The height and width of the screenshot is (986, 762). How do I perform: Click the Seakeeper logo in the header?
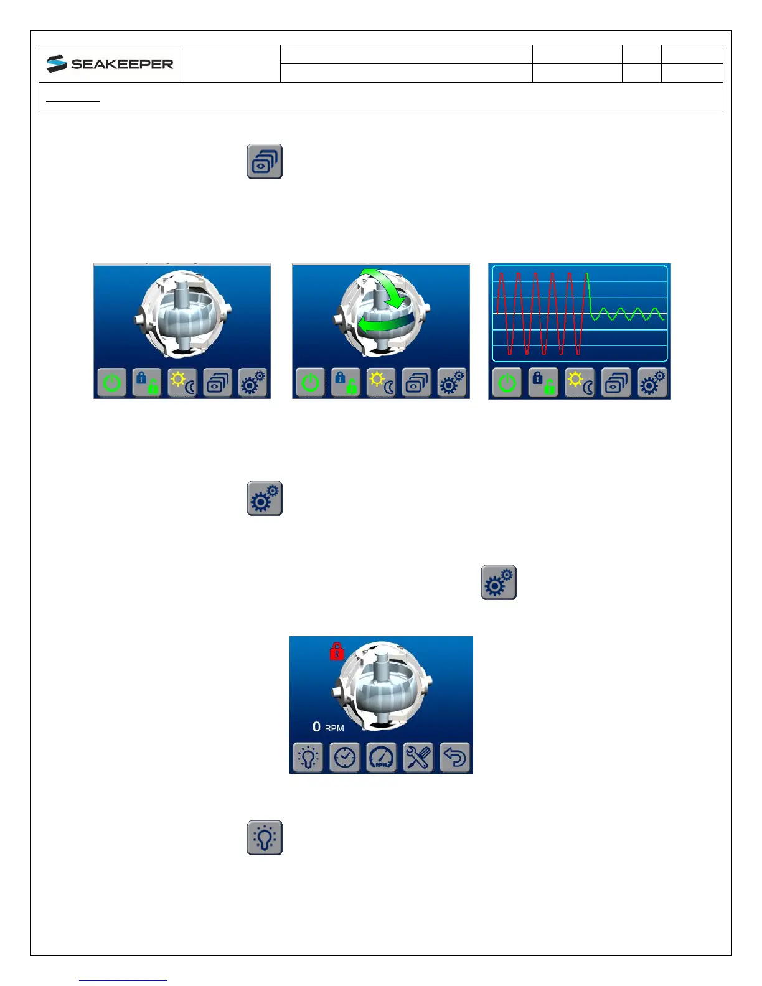[x=110, y=64]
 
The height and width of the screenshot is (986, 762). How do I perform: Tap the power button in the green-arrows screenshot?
[x=310, y=383]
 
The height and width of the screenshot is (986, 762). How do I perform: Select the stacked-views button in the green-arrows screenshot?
[x=416, y=383]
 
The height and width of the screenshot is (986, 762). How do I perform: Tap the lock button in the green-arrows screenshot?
[x=346, y=383]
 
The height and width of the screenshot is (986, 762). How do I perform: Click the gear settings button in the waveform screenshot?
[x=652, y=383]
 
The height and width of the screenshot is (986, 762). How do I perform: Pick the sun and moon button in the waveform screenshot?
[x=580, y=383]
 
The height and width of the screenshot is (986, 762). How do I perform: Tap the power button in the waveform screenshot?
[x=507, y=383]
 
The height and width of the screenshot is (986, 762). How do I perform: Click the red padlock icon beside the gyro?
[x=337, y=651]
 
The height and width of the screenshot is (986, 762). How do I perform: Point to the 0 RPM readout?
[x=328, y=727]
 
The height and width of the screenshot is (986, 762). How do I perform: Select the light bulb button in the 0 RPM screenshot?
[x=308, y=758]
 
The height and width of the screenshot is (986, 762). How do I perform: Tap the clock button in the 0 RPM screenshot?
[x=344, y=758]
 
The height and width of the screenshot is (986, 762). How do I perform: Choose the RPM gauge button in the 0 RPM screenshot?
[x=381, y=758]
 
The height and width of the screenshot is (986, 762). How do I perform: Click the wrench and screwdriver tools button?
[x=418, y=758]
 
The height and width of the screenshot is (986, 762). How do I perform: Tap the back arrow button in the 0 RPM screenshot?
[x=454, y=758]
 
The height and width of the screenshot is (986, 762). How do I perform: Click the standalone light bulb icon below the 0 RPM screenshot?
[x=265, y=837]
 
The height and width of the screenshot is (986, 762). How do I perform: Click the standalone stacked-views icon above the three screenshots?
[x=265, y=162]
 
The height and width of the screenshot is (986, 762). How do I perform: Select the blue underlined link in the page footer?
[x=123, y=980]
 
